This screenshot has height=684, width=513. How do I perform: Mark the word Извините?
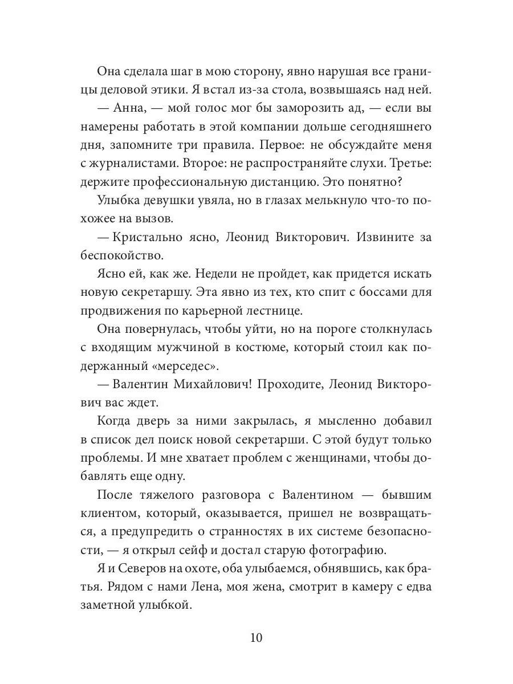[381, 238]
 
